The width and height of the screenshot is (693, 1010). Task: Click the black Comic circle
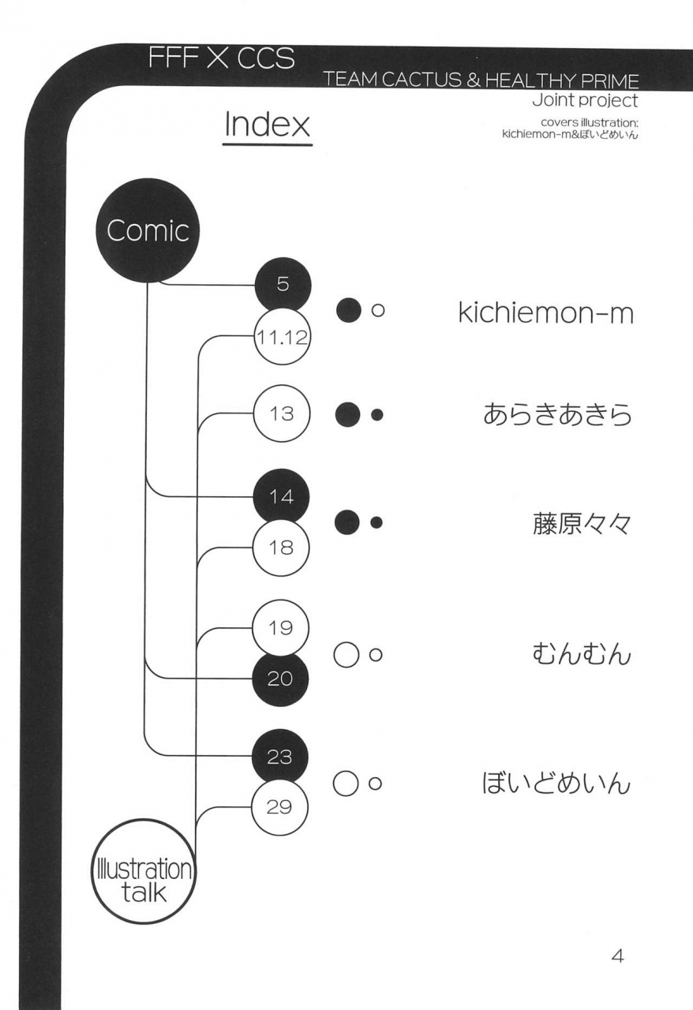point(148,232)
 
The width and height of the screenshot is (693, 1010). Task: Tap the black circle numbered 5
point(283,286)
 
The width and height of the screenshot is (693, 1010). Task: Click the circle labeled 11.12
point(282,339)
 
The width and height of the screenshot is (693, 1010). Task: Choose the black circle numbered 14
point(281,497)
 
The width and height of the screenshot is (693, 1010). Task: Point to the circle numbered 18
point(281,548)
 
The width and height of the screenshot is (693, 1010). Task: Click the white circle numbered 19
point(281,629)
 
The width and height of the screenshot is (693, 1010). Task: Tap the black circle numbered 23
point(281,756)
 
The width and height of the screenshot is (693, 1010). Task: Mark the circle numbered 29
point(281,807)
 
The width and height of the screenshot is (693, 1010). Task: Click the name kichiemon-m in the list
point(545,312)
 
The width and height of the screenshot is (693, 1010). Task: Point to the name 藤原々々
point(581,522)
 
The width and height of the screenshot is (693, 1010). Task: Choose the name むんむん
point(579,653)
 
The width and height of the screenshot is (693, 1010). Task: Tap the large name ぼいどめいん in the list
point(556,784)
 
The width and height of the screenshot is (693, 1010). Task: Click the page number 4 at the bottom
point(618,956)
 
